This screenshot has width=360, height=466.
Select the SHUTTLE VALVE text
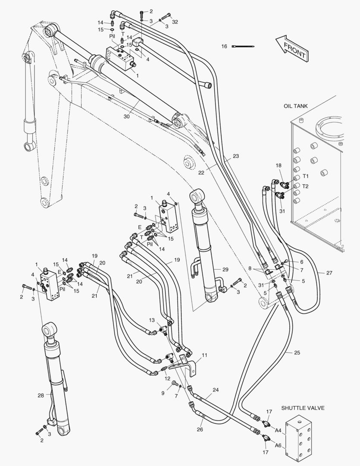[x=303, y=408]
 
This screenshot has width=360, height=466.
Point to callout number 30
[x=126, y=116]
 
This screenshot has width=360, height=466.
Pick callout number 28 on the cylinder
[x=41, y=395]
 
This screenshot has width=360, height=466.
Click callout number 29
[x=225, y=269]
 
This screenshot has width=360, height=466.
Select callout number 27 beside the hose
[x=329, y=273]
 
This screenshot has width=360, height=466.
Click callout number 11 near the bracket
[x=204, y=355]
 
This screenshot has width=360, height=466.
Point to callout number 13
[x=152, y=320]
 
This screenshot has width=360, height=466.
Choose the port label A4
[x=278, y=430]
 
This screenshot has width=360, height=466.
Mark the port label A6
[x=278, y=445]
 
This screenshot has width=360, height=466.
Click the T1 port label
[x=306, y=176]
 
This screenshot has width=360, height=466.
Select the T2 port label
[x=306, y=186]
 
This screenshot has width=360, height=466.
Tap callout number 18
[x=279, y=165]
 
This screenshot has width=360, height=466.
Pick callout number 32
[x=175, y=21]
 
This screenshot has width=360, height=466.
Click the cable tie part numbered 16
[x=244, y=46]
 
